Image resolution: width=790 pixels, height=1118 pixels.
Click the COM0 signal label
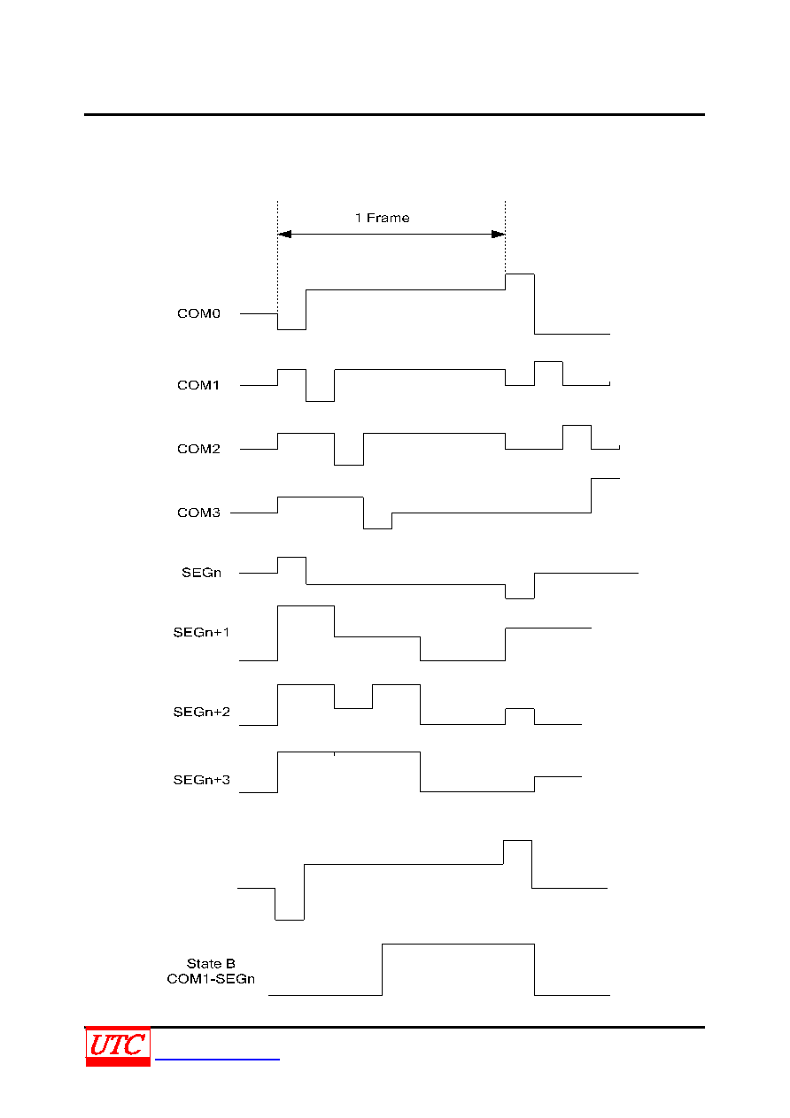(x=198, y=313)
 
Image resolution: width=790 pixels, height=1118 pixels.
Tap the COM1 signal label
(x=198, y=385)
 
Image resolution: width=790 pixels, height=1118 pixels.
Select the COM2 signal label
(x=198, y=449)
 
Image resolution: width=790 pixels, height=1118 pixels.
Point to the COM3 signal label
(x=198, y=513)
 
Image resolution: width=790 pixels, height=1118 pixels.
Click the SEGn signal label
(x=201, y=573)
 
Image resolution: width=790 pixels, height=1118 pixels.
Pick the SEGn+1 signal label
(x=201, y=632)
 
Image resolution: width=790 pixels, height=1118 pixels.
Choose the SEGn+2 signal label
(x=201, y=712)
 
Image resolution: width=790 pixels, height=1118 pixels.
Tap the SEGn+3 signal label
(x=201, y=780)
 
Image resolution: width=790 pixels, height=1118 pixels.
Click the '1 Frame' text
(x=382, y=218)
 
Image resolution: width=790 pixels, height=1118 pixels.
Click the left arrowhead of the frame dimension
(x=284, y=234)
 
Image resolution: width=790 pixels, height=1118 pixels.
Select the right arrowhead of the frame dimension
(x=499, y=234)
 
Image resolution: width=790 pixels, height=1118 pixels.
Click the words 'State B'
(x=211, y=963)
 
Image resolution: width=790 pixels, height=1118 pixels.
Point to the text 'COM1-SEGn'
(x=211, y=979)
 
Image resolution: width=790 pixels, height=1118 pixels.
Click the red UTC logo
(x=118, y=1046)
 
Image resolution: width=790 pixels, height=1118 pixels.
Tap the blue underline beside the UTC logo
(x=217, y=1059)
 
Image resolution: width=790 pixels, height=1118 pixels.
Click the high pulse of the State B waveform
(x=458, y=944)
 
